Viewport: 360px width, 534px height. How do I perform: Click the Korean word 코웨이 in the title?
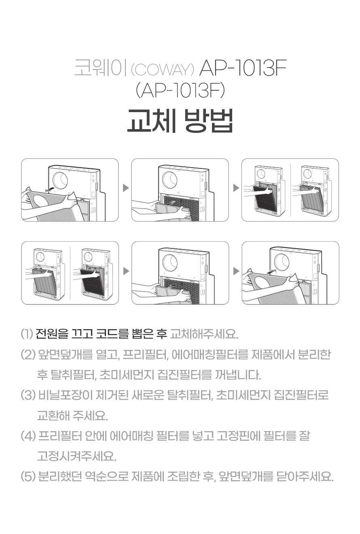tap(101, 68)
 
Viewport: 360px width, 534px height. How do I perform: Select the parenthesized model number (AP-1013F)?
tap(180, 91)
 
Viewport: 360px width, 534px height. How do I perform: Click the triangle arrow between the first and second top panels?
tap(126, 188)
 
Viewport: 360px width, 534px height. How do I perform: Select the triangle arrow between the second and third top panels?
tap(236, 188)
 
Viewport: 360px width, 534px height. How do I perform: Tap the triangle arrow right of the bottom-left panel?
tap(126, 271)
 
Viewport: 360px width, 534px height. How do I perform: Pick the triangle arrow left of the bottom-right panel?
tap(236, 271)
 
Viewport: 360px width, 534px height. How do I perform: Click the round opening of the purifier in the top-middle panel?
tap(170, 180)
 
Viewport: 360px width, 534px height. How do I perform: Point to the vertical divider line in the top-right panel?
tap(291, 190)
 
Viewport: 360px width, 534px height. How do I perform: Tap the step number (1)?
tap(27, 334)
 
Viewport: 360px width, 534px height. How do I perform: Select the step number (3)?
tap(28, 395)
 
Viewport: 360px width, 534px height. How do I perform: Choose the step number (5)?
tap(28, 477)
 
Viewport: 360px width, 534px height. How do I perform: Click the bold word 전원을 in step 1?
tap(52, 334)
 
